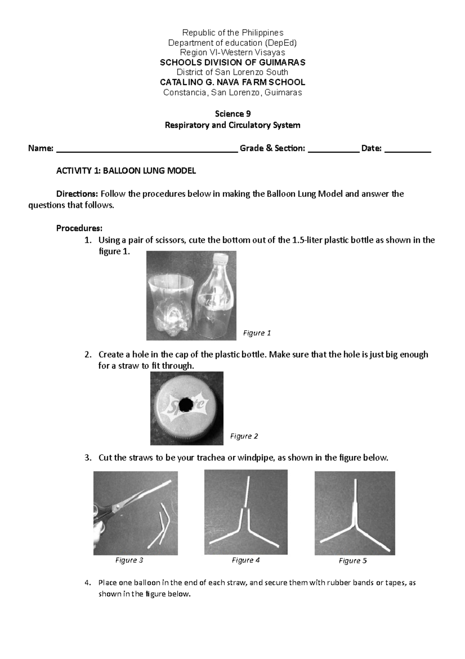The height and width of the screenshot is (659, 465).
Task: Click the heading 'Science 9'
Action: coord(232,114)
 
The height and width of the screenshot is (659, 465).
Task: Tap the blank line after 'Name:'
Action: coord(146,149)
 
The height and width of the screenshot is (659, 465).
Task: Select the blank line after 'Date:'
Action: coord(408,149)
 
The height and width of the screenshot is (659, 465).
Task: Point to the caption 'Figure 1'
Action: coord(257,333)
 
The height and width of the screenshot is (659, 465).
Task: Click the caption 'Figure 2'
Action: coord(244,436)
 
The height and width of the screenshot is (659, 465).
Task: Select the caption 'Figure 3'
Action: coord(129,560)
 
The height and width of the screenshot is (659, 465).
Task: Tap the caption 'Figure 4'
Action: coord(245,560)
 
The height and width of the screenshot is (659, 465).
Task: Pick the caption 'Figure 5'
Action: coord(353,561)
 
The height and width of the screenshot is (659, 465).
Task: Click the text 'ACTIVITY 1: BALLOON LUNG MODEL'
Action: coord(126,171)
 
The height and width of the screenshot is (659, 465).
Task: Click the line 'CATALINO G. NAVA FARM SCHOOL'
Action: coord(232,82)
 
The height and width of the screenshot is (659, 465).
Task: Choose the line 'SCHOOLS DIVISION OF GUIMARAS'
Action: coord(232,62)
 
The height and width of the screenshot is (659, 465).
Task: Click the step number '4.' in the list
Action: coord(88,583)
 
